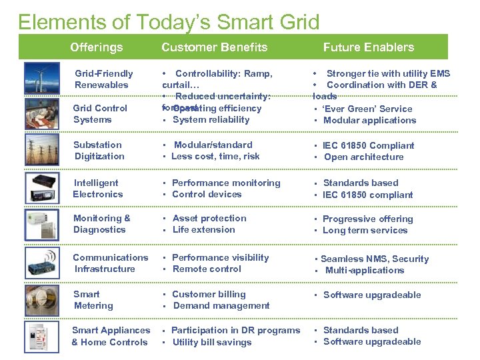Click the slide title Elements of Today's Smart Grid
(x=169, y=22)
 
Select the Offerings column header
(x=97, y=47)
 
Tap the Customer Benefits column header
(x=214, y=47)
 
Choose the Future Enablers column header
(x=369, y=47)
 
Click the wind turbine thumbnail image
(x=41, y=79)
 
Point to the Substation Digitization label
(x=99, y=151)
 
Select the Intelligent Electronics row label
(x=98, y=189)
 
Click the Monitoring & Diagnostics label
(x=101, y=224)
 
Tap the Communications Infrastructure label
(x=110, y=263)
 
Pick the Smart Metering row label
(x=93, y=300)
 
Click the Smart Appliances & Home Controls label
(x=111, y=336)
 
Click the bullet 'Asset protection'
(x=209, y=219)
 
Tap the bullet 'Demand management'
(x=221, y=306)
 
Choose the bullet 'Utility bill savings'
(x=211, y=343)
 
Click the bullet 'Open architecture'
(x=363, y=157)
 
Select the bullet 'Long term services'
(x=365, y=231)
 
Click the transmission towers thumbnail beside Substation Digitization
(x=41, y=151)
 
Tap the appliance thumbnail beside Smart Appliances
(x=41, y=337)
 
